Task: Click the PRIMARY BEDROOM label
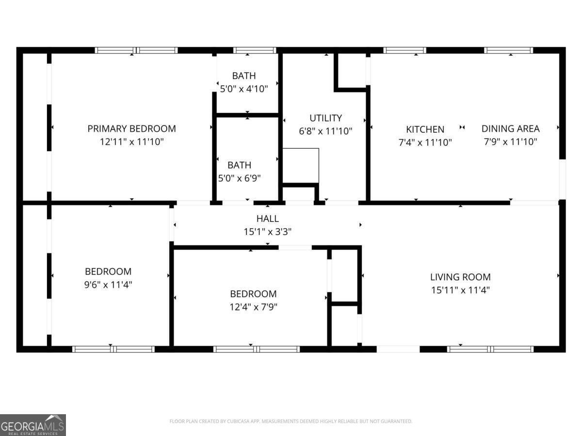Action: point(131,128)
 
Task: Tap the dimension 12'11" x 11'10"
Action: point(131,142)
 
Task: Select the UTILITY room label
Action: point(325,118)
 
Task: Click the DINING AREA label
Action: point(510,128)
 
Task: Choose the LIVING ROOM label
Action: point(460,277)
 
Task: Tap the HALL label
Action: point(267,219)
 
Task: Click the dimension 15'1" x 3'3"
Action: point(267,232)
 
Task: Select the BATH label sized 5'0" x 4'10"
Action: point(243,76)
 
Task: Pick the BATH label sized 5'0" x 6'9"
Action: point(239,165)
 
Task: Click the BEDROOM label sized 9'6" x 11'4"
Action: point(108,271)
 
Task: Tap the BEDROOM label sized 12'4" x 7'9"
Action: point(253,294)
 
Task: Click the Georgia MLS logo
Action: point(32,425)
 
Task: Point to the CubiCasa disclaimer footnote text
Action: point(291,421)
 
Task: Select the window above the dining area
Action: point(508,50)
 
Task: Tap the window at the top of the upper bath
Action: point(255,50)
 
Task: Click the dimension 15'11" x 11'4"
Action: point(460,290)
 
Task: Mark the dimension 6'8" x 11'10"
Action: point(325,131)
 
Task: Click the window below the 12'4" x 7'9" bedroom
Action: point(257,349)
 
